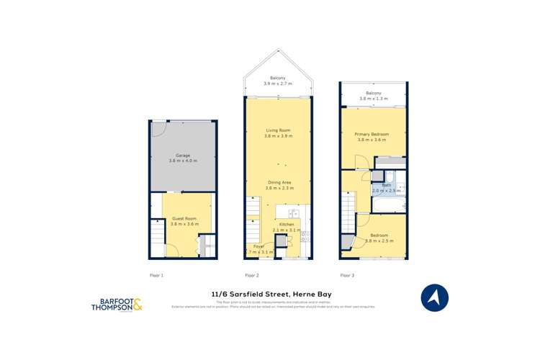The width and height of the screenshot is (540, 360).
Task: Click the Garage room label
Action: (x=182, y=156)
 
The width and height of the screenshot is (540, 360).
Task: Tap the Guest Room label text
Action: (x=184, y=218)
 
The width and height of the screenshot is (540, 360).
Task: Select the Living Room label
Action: (x=277, y=130)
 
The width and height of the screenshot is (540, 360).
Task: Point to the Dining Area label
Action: (x=279, y=182)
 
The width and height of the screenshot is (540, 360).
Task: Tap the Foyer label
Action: (x=258, y=246)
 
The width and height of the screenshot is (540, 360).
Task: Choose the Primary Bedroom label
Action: (x=372, y=134)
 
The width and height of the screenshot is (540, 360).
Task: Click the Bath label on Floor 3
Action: (x=386, y=185)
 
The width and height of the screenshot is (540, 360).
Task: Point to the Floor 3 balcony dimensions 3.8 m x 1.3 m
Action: (x=373, y=99)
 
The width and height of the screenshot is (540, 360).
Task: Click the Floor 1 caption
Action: (x=156, y=275)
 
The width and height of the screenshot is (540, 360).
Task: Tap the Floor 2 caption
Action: (x=251, y=275)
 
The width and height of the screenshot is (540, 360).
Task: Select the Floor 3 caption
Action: (x=347, y=275)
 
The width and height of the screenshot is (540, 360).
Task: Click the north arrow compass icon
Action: (x=434, y=297)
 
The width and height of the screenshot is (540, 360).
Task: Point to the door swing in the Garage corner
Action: (x=158, y=130)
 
